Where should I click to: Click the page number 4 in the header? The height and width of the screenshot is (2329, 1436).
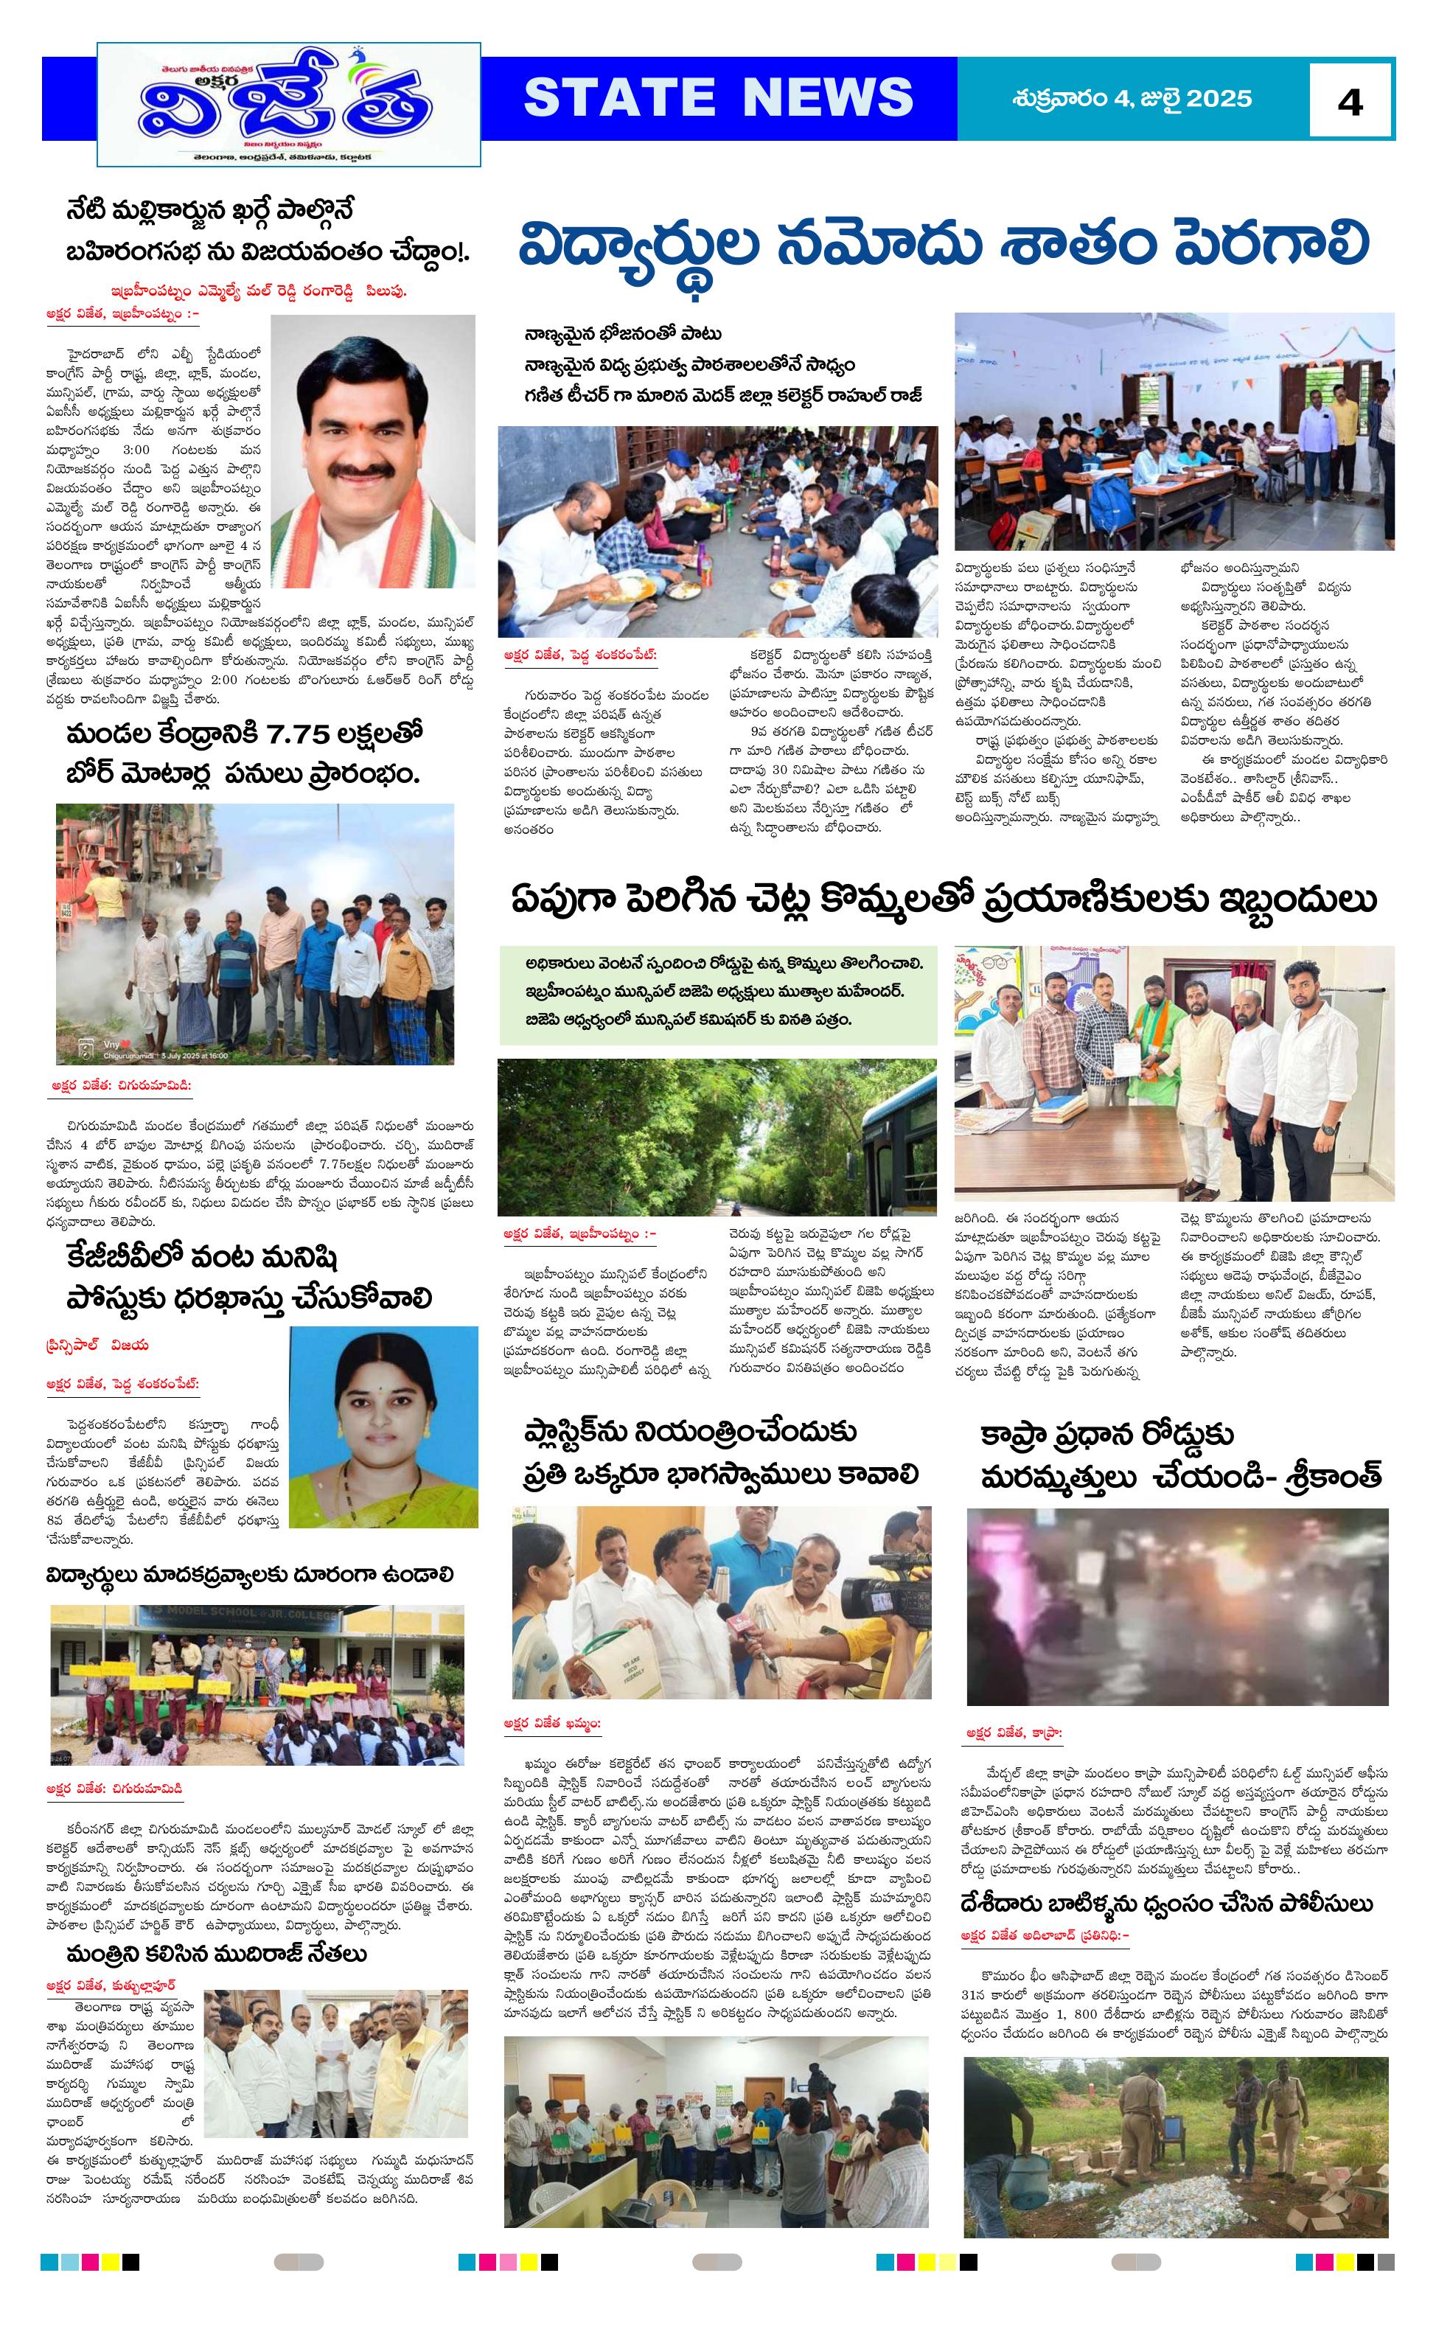(x=1350, y=100)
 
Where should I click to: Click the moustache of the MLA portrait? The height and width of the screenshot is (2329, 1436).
(x=369, y=471)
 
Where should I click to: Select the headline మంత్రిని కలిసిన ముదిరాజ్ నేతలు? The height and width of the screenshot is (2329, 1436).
(x=217, y=1953)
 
